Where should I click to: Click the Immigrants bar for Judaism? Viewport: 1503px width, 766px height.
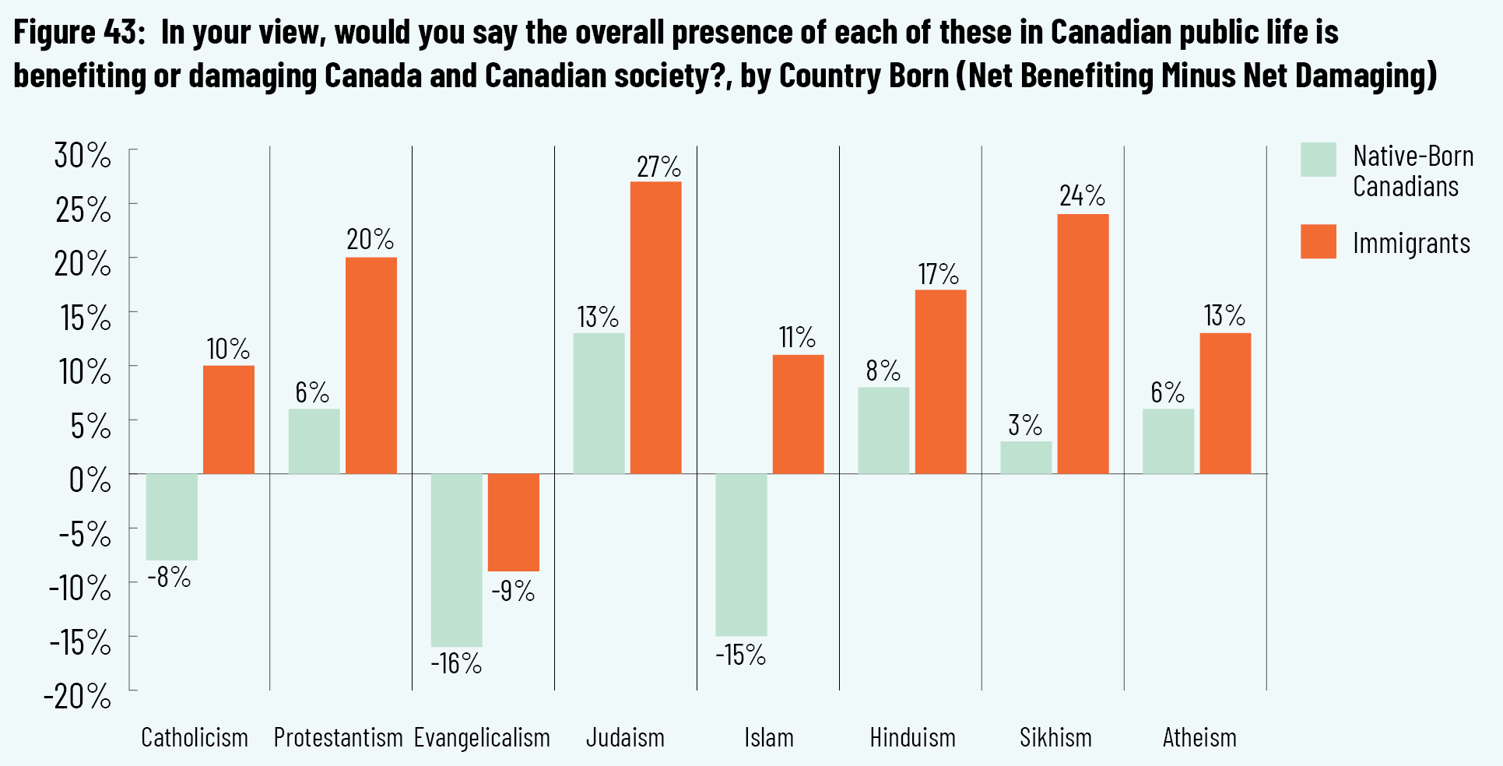[x=655, y=327]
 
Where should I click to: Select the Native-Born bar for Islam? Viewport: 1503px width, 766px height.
[x=741, y=554]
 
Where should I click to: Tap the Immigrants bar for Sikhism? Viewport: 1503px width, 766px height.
[x=1083, y=343]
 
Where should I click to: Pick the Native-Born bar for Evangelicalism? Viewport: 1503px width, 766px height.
[x=456, y=560]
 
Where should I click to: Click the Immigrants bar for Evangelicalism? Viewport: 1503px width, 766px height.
[x=513, y=522]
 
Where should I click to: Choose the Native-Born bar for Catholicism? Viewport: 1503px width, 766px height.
[x=171, y=516]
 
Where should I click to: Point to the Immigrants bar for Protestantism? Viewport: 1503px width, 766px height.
[x=370, y=365]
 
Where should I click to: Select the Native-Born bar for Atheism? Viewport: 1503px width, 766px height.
[x=1168, y=441]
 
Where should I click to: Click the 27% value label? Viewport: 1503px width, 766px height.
[x=658, y=167]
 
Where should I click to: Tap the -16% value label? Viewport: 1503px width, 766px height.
[x=456, y=663]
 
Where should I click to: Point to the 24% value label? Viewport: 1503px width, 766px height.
[x=1082, y=195]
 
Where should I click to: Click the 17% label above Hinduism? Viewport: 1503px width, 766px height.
[x=939, y=274]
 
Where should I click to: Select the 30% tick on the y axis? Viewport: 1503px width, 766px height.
[x=83, y=156]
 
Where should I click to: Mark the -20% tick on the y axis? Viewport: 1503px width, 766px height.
[x=78, y=696]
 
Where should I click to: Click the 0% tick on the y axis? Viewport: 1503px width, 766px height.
[x=90, y=480]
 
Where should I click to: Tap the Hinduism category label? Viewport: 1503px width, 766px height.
[x=912, y=737]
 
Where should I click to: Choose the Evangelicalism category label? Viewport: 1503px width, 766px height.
[x=482, y=737]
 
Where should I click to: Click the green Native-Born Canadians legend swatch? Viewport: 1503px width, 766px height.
[x=1318, y=160]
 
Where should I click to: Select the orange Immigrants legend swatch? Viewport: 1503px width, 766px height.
[x=1318, y=241]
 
